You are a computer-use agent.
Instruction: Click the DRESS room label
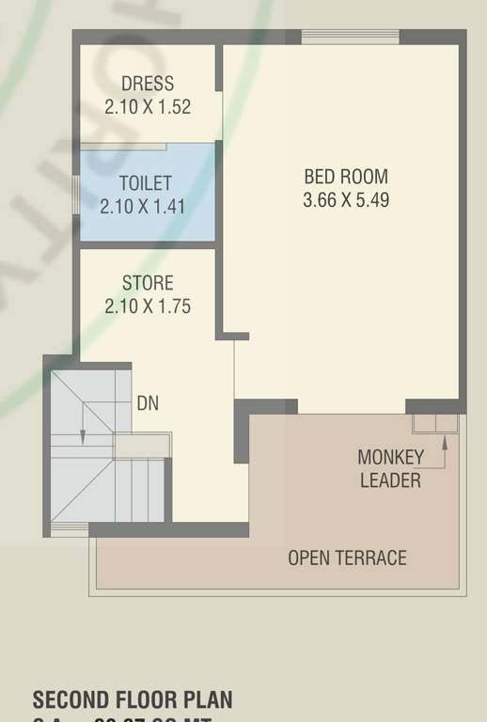point(148,84)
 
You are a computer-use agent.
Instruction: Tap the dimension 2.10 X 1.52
point(148,106)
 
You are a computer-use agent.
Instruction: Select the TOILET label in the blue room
point(145,183)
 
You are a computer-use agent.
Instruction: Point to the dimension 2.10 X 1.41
point(145,206)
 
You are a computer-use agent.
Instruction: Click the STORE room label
point(148,283)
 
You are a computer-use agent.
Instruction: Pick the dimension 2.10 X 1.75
point(148,306)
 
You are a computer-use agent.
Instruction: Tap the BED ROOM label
point(345,177)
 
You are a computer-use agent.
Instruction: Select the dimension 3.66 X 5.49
point(345,199)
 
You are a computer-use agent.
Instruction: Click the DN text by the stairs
point(148,404)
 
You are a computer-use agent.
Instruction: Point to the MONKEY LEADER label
point(390,468)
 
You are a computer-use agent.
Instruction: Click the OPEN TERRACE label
point(347,557)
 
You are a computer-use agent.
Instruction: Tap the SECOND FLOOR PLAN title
point(133,700)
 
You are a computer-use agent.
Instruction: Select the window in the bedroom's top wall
point(350,37)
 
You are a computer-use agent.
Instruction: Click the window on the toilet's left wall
point(76,195)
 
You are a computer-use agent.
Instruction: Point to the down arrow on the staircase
point(83,434)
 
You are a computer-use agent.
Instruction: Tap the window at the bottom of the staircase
point(69,533)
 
